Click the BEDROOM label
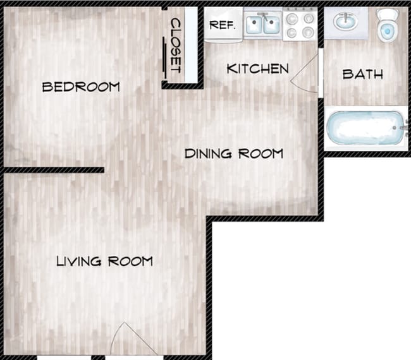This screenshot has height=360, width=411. tap(80, 87)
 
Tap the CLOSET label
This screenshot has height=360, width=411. tap(176, 45)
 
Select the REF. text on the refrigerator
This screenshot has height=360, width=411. tap(222, 25)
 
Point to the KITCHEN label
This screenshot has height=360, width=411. tap(257, 69)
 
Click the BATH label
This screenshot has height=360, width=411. tap(362, 74)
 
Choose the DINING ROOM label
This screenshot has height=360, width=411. tap(233, 153)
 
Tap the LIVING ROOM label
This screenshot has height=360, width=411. tap(104, 261)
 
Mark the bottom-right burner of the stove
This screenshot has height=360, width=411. tap(308, 32)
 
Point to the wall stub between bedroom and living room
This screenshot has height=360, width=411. tap(53, 170)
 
